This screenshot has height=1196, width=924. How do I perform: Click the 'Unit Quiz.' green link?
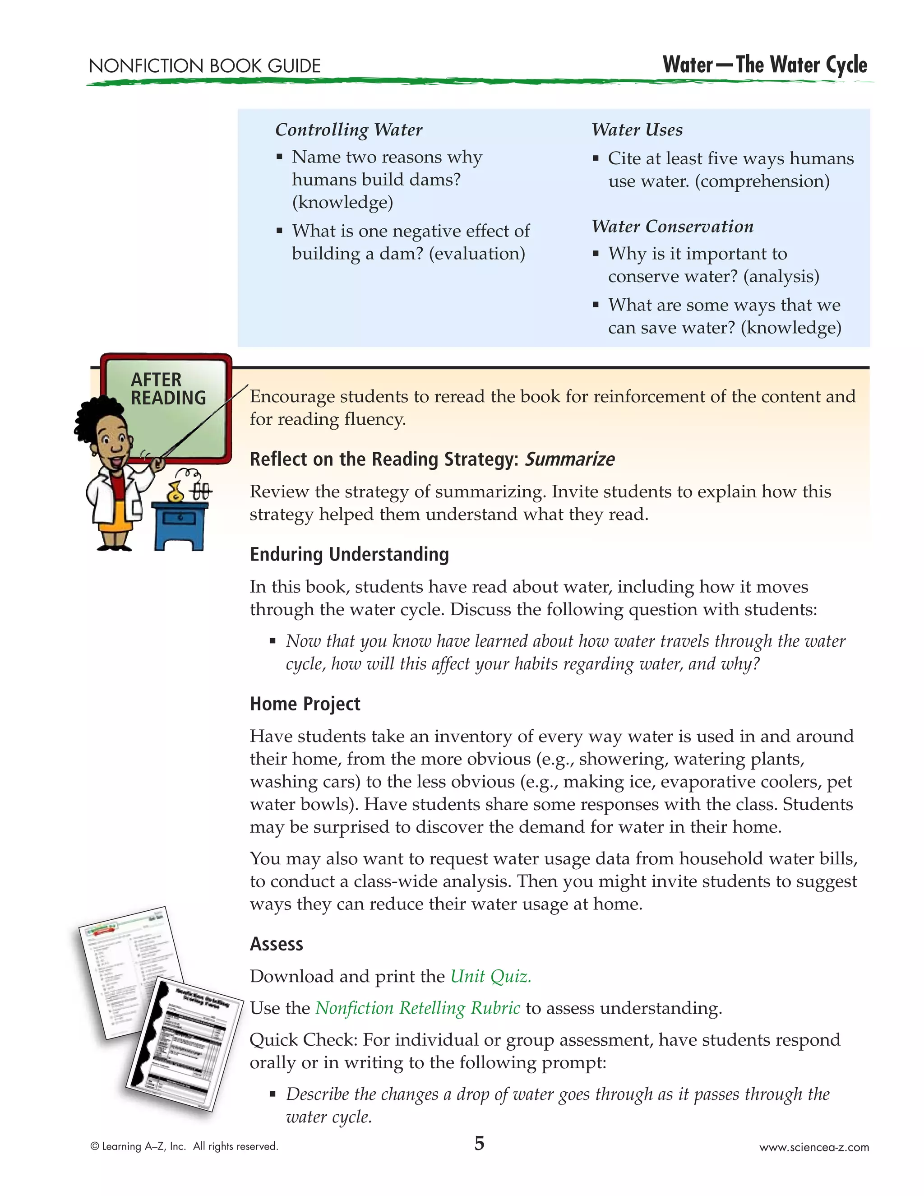(x=490, y=976)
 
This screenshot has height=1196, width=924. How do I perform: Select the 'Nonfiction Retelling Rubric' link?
(x=417, y=1008)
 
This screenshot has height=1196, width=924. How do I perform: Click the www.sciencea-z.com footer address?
(x=813, y=1147)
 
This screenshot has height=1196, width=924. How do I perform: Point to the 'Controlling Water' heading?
(x=349, y=130)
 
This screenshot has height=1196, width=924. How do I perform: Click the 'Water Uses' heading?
(x=637, y=130)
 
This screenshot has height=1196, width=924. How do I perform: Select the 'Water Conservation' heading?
(x=672, y=226)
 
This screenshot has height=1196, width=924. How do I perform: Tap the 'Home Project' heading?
(x=305, y=704)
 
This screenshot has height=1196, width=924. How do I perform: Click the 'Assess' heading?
(x=277, y=944)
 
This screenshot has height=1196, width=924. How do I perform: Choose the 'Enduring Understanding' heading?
(x=349, y=554)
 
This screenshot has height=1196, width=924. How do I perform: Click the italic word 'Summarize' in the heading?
(x=569, y=459)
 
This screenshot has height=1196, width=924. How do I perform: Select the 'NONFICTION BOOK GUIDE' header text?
(x=205, y=66)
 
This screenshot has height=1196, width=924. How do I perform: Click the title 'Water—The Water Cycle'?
(x=764, y=65)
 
